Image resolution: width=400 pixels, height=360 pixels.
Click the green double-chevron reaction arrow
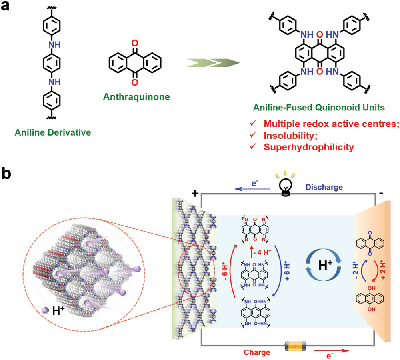[213, 63]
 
